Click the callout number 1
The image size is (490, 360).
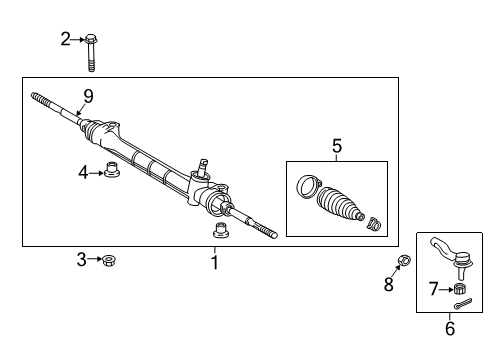click(x=213, y=262)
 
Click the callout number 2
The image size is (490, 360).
click(x=66, y=40)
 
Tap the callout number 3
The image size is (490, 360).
click(x=82, y=261)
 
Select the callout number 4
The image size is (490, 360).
click(x=83, y=172)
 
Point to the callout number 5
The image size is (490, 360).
click(x=335, y=146)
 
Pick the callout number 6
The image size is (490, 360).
click(x=450, y=328)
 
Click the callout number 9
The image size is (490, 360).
click(x=88, y=96)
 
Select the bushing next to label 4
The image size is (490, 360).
click(x=112, y=173)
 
